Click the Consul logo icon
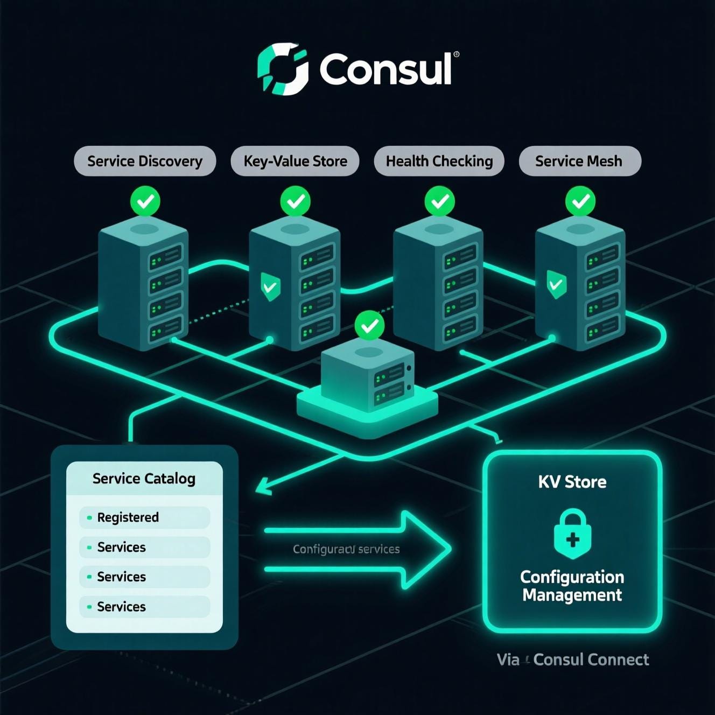pyautogui.click(x=283, y=69)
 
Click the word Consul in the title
pyautogui.click(x=385, y=69)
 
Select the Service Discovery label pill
pyautogui.click(x=145, y=161)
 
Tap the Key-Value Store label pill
pyautogui.click(x=295, y=161)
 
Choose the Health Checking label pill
pyautogui.click(x=439, y=161)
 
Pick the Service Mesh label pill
pyautogui.click(x=579, y=161)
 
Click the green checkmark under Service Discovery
pyautogui.click(x=145, y=201)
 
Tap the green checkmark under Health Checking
pyautogui.click(x=439, y=201)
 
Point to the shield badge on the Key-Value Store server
pyautogui.click(x=270, y=286)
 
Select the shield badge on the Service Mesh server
pyautogui.click(x=556, y=284)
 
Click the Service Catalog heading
pyautogui.click(x=144, y=479)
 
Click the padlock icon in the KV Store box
pyautogui.click(x=572, y=534)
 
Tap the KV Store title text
pyautogui.click(x=572, y=481)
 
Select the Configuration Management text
pyautogui.click(x=572, y=586)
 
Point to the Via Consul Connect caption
pyautogui.click(x=573, y=660)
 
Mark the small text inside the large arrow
pyautogui.click(x=346, y=549)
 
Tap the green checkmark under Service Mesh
pyautogui.click(x=580, y=201)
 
